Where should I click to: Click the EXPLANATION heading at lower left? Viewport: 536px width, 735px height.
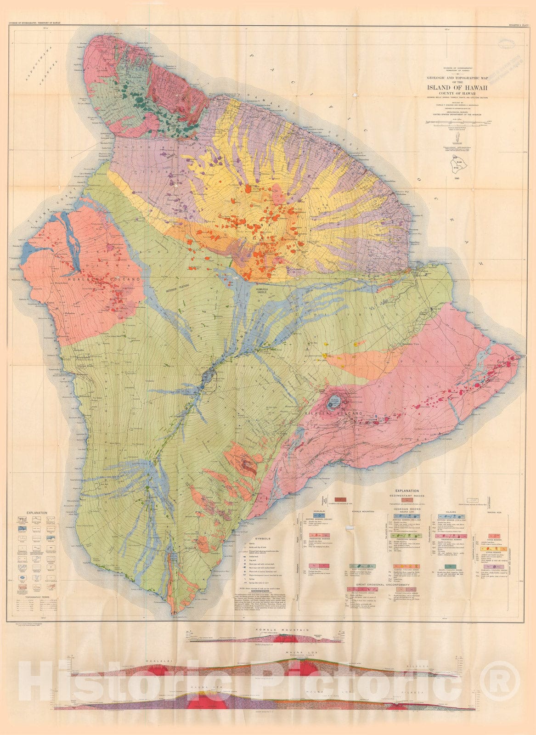(x=37, y=512)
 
